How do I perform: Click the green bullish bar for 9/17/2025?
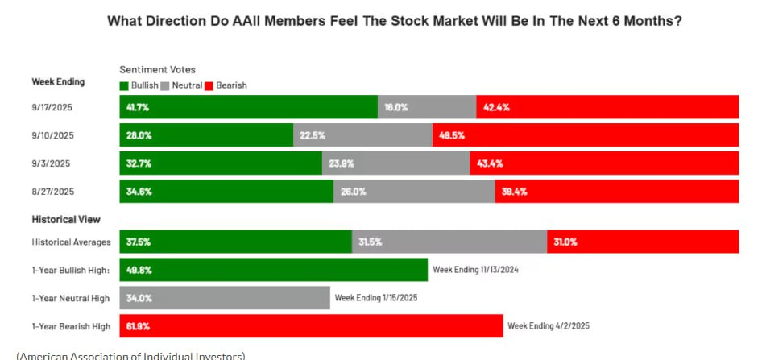pyautogui.click(x=248, y=107)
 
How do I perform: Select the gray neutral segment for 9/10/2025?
pyautogui.click(x=362, y=135)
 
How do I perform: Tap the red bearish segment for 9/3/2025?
pyautogui.click(x=604, y=163)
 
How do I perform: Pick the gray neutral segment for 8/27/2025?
pyautogui.click(x=414, y=192)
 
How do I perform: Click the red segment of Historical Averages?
pyautogui.click(x=643, y=242)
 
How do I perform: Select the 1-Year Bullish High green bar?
pyautogui.click(x=273, y=270)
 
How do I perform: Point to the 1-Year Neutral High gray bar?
pyautogui.click(x=225, y=298)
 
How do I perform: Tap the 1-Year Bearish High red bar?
pyautogui.click(x=311, y=326)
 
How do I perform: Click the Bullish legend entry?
pyautogui.click(x=139, y=85)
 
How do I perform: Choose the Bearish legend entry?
pyautogui.click(x=226, y=85)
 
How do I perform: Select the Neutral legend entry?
pyautogui.click(x=183, y=85)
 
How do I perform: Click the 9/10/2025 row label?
pyautogui.click(x=52, y=135)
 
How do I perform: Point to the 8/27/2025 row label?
pyautogui.click(x=52, y=192)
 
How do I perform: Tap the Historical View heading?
pyautogui.click(x=65, y=219)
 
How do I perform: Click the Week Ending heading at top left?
pyautogui.click(x=58, y=81)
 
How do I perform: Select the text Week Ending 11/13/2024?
pyautogui.click(x=475, y=270)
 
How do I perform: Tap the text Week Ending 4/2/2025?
pyautogui.click(x=548, y=326)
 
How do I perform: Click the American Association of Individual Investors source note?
pyautogui.click(x=130, y=355)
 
